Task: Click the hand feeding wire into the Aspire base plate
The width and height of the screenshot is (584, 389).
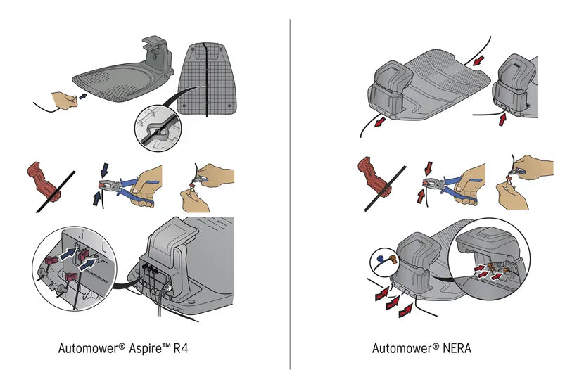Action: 66,100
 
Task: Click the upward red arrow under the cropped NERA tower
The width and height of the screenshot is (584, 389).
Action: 502,120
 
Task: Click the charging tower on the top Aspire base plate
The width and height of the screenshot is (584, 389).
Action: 155,56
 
